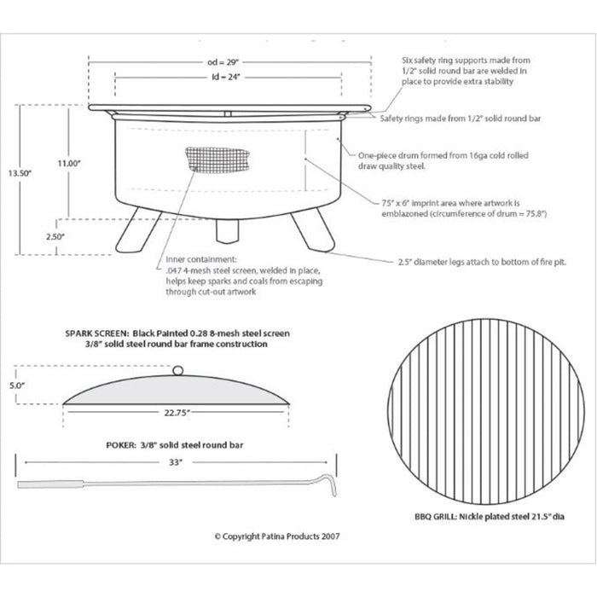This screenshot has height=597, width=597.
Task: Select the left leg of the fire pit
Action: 138,232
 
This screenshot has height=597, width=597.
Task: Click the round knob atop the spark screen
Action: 177,369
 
